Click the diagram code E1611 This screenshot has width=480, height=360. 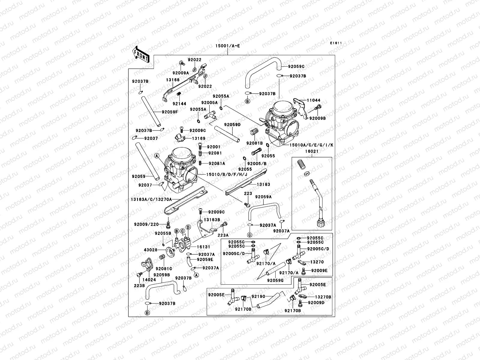[x=336, y=43]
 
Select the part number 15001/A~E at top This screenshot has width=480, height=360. [x=227, y=46]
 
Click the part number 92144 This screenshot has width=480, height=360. [x=179, y=104]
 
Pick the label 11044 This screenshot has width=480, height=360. [x=313, y=100]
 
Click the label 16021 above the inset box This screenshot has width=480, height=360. [x=312, y=151]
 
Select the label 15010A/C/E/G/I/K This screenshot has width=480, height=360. [x=311, y=145]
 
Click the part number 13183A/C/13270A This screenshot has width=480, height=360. [x=151, y=199]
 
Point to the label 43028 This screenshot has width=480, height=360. [x=150, y=250]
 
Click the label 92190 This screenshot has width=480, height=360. [x=258, y=296]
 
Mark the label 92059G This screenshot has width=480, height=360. [x=275, y=280]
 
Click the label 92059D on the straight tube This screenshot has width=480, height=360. [x=232, y=124]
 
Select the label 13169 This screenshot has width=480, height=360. [x=199, y=138]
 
